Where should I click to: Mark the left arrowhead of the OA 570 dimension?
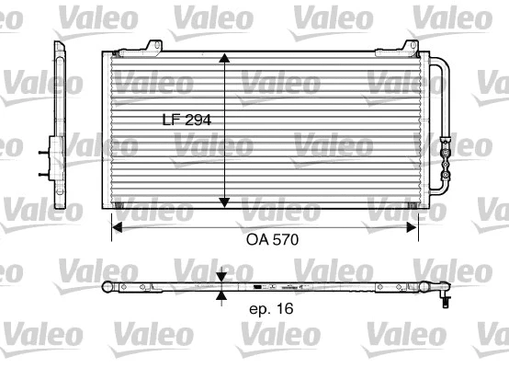[117, 224]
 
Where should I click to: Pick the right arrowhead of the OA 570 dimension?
[417, 224]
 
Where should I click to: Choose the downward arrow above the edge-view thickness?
[222, 276]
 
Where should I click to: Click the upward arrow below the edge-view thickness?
[222, 296]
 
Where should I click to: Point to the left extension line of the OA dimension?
[111, 225]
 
